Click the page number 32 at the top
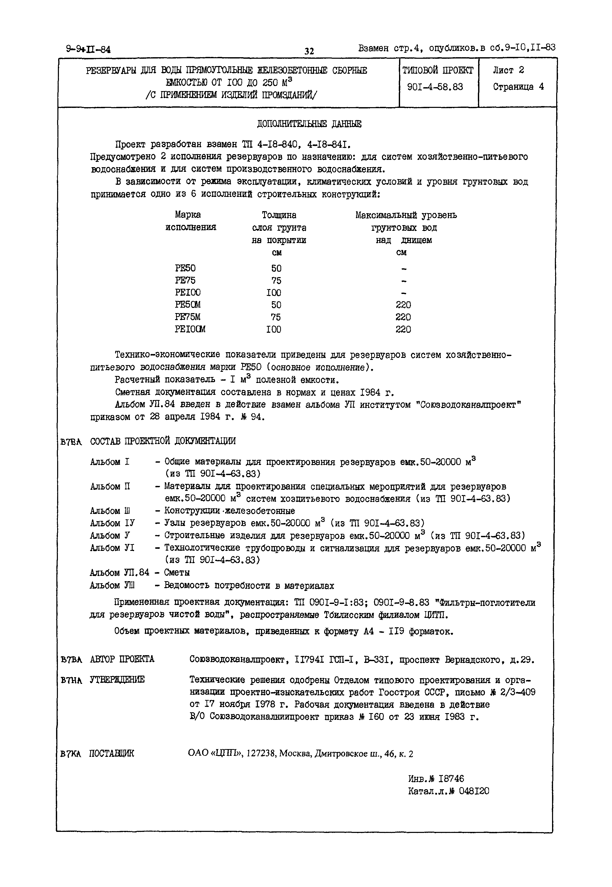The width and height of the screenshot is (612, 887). coord(309,51)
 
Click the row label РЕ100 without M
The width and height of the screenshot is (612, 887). coord(188,292)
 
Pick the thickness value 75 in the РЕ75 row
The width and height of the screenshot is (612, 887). coord(276,280)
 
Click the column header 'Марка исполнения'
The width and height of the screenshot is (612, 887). coord(190,221)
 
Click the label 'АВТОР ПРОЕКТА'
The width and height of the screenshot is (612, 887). coord(122,659)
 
